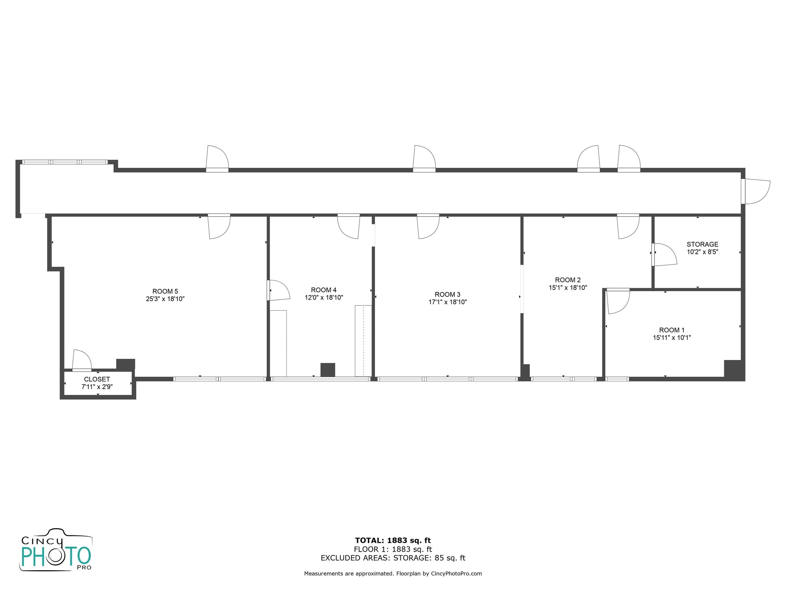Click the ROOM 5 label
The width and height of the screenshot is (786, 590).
point(165,291)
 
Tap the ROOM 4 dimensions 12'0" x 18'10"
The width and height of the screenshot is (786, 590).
point(324,297)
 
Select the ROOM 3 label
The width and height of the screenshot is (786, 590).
point(447,295)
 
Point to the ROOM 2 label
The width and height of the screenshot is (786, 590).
point(568,280)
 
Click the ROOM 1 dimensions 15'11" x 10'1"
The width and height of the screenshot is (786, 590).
point(672,338)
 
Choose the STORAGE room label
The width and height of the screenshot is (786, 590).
point(702,244)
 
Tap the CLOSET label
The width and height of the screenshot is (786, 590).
point(97,380)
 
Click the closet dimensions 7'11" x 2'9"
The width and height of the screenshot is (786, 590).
point(97,387)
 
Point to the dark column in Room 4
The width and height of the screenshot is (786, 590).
point(327,370)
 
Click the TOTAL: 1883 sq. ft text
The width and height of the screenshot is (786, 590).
point(393,541)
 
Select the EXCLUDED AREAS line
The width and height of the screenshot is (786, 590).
point(393,558)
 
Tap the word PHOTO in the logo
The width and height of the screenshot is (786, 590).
point(56,556)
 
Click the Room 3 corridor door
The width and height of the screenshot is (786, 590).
point(428,227)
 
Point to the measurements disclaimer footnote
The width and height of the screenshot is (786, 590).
point(393,574)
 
